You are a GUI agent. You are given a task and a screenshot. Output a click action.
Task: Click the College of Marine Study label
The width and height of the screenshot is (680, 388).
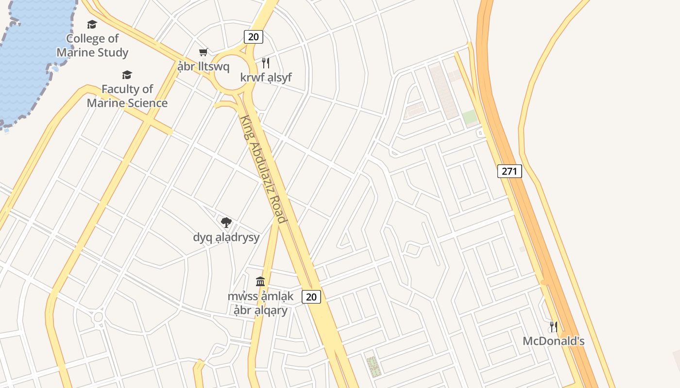(x=92, y=46)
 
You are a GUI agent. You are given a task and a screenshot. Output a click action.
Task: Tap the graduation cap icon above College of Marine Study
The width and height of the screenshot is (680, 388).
(x=92, y=24)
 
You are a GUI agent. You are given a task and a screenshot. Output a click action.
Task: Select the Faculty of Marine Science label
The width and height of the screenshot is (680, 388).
(x=127, y=96)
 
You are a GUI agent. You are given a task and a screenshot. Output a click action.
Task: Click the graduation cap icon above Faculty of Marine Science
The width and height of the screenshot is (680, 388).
(x=127, y=75)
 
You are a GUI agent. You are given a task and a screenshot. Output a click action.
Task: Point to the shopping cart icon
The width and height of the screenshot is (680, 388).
(x=203, y=52)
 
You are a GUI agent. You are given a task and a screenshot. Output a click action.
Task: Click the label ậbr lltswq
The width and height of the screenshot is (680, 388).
(x=203, y=66)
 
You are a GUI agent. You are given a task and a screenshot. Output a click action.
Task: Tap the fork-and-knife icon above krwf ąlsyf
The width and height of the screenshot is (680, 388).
(x=265, y=63)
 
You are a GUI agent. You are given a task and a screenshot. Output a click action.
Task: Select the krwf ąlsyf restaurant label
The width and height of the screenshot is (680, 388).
(x=266, y=77)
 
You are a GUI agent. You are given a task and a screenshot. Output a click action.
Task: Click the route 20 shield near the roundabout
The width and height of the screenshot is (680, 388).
(x=253, y=37)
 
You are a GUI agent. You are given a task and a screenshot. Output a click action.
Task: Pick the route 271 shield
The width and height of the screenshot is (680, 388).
(x=510, y=171)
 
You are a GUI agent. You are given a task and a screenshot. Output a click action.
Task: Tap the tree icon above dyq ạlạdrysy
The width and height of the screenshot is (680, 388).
(x=226, y=223)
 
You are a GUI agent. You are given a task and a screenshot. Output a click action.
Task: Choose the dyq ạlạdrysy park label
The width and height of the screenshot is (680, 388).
(x=226, y=237)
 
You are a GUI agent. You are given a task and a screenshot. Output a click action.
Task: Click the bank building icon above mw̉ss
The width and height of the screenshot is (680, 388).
(x=260, y=281)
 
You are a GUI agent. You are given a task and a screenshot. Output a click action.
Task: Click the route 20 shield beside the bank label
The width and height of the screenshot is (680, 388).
(x=311, y=296)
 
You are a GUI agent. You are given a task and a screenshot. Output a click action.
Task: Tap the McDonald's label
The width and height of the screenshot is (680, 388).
(x=553, y=341)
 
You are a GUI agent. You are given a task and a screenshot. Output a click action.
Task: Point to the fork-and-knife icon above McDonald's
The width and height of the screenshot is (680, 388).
(x=553, y=326)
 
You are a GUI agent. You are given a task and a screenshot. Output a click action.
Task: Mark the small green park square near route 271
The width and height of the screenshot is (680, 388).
(x=470, y=117)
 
